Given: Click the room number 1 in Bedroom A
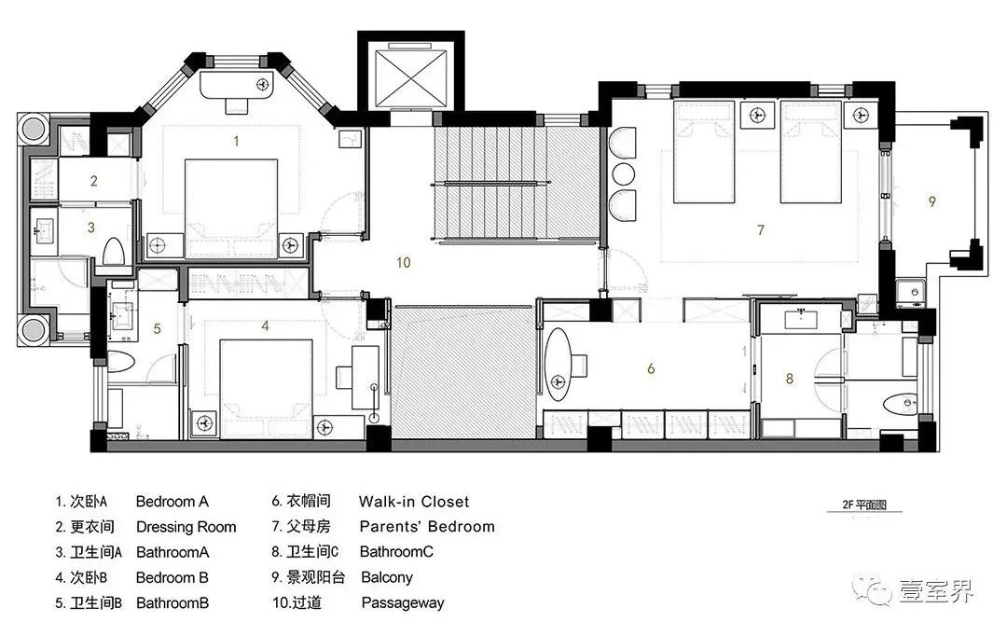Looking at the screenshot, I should click(x=237, y=142).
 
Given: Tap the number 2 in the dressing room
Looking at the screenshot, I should click(x=94, y=181).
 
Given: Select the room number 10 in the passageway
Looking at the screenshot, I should click(x=403, y=263).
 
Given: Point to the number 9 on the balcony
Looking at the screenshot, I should click(x=931, y=200).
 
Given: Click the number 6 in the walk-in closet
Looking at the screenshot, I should click(x=651, y=368).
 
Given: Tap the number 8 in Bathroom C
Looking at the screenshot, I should click(x=790, y=379).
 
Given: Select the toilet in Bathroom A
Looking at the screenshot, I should click(x=114, y=252).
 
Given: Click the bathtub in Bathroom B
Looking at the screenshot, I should click(x=121, y=361).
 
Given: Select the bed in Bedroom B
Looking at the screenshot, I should click(x=266, y=378).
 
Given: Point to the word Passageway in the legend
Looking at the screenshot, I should click(x=403, y=602).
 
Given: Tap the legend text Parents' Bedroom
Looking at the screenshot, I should click(x=427, y=527).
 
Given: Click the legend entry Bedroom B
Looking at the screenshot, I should click(x=172, y=577).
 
